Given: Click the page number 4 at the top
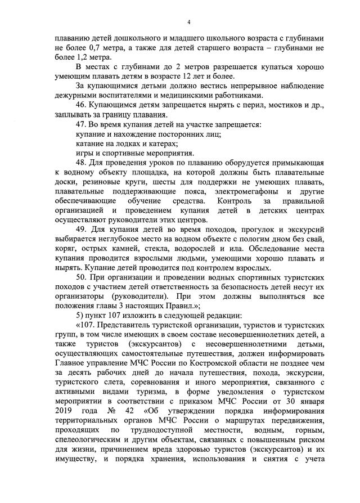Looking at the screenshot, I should click(x=189, y=21).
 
